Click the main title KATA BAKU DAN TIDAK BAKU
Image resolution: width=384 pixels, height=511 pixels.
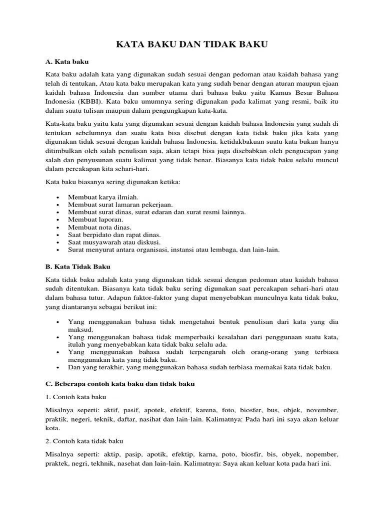(192, 45)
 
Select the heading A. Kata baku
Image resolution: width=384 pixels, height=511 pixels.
(67, 62)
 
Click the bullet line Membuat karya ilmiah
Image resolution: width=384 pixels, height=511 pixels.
(99, 198)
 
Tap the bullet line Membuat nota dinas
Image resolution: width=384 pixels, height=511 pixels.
(96, 227)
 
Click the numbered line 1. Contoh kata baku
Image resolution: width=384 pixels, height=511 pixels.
(76, 397)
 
